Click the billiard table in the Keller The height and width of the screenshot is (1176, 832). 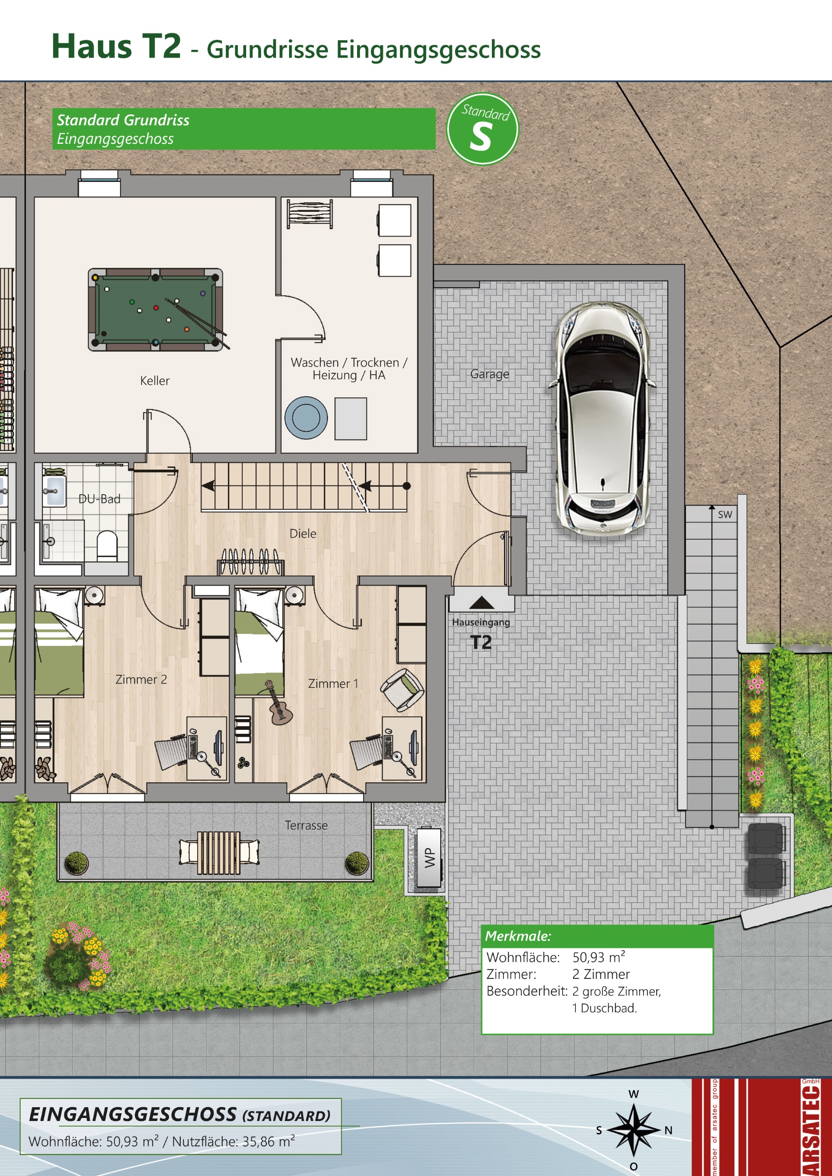tap(155, 309)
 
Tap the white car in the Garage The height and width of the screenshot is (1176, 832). tap(602, 418)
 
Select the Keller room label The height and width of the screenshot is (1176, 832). tap(155, 381)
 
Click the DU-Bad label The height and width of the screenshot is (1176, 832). tap(99, 499)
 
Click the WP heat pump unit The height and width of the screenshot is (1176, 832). tap(429, 857)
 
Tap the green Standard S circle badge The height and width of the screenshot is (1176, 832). tap(483, 129)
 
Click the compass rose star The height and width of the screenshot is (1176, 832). tap(634, 1130)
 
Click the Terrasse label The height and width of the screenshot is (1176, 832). tap(306, 825)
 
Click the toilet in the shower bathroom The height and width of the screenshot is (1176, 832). tap(107, 545)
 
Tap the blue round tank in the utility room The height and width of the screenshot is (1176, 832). tap(306, 418)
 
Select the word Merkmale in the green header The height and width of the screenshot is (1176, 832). tap(518, 936)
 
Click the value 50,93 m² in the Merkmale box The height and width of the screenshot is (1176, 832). tap(598, 957)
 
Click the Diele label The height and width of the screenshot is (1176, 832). tap(303, 534)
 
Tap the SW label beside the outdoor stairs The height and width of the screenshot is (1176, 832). tap(725, 515)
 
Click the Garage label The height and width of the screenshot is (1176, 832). tap(490, 374)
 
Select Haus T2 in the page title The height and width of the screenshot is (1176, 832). tap(116, 46)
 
